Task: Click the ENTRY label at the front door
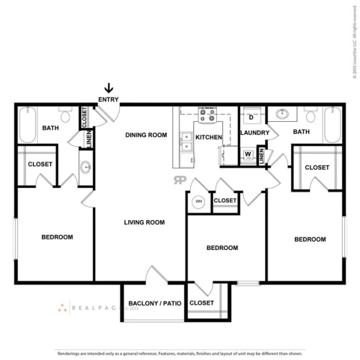click(108, 99)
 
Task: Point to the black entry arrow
click(108, 88)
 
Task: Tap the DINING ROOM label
click(146, 134)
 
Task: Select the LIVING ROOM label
click(144, 222)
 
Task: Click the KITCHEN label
click(209, 136)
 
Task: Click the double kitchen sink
click(186, 142)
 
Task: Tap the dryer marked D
click(251, 117)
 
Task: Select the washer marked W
click(248, 154)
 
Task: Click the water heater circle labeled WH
click(199, 201)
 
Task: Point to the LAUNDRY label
click(254, 132)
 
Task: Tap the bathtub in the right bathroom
click(332, 125)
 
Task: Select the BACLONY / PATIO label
click(154, 304)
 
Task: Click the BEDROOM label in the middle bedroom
click(222, 247)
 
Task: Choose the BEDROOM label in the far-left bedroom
click(57, 237)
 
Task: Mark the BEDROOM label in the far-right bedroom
click(310, 239)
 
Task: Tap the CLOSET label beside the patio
click(201, 302)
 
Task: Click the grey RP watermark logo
click(179, 180)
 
